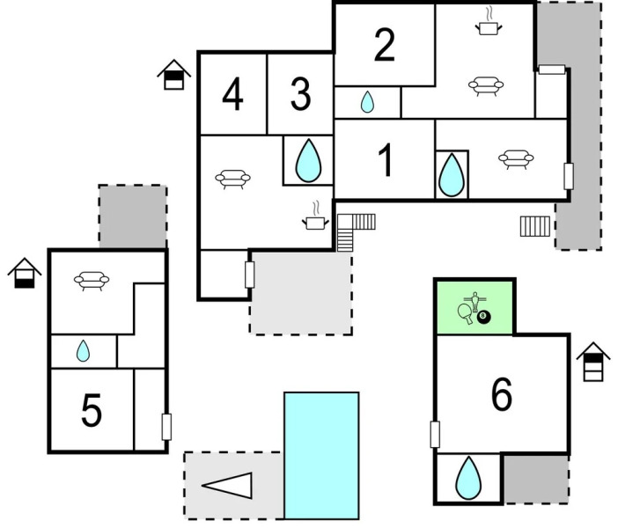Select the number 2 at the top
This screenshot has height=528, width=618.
tap(384, 46)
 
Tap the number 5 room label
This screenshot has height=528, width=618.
tap(92, 410)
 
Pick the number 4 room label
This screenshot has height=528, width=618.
tap(232, 95)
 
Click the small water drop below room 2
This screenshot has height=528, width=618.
tap(367, 103)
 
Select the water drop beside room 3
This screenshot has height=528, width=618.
tap(307, 161)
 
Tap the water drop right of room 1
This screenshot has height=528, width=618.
tap(451, 174)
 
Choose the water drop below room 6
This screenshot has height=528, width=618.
tap(468, 478)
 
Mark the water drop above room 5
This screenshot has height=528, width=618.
tap(83, 351)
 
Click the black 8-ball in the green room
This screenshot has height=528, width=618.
tap(483, 317)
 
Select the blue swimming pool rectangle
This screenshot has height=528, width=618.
tap(320, 455)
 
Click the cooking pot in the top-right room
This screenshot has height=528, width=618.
tap(487, 26)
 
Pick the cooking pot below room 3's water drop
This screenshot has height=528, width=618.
tap(314, 221)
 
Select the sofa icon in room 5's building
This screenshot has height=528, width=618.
tap(92, 281)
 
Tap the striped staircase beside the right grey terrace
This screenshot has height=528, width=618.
tap(535, 225)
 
